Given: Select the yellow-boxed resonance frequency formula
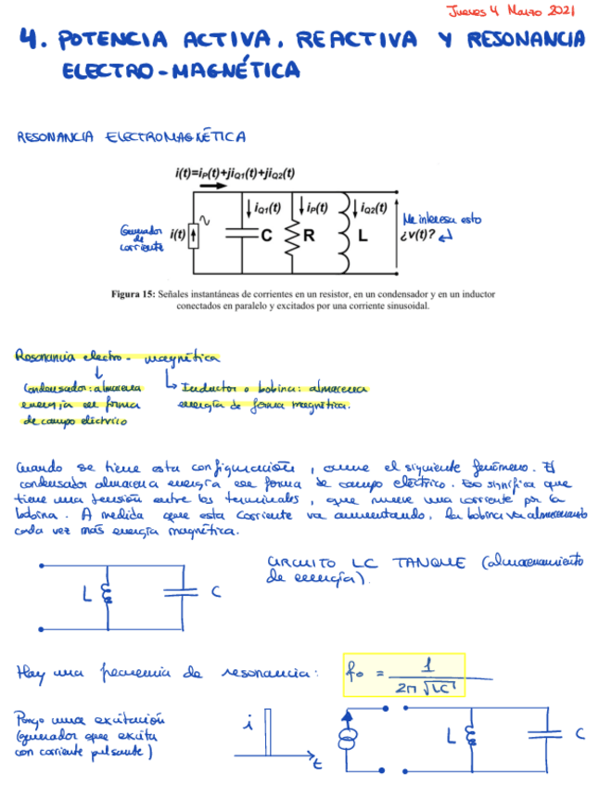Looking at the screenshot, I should pyautogui.click(x=403, y=676).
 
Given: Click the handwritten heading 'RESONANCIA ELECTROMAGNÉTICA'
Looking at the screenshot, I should pyautogui.click(x=131, y=138).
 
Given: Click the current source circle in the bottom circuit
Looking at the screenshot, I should pyautogui.click(x=350, y=740).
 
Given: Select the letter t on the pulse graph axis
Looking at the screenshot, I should pyautogui.click(x=317, y=766).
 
